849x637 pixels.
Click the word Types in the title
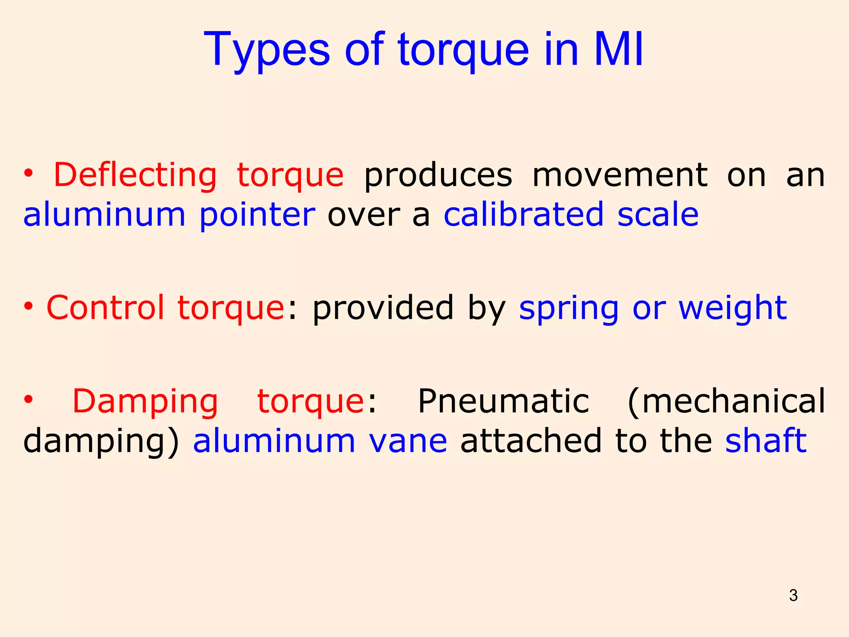tap(267, 50)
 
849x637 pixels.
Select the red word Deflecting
tap(135, 175)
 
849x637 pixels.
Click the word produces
tap(438, 175)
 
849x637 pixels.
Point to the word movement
tap(620, 175)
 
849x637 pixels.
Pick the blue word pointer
tap(257, 215)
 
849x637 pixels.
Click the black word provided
tap(383, 308)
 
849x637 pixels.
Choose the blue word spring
tap(569, 309)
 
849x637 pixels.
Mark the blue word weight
tap(733, 309)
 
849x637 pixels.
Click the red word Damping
tap(145, 401)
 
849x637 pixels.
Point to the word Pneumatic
tap(503, 401)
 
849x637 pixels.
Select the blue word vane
tap(408, 440)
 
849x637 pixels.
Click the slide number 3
tap(793, 596)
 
